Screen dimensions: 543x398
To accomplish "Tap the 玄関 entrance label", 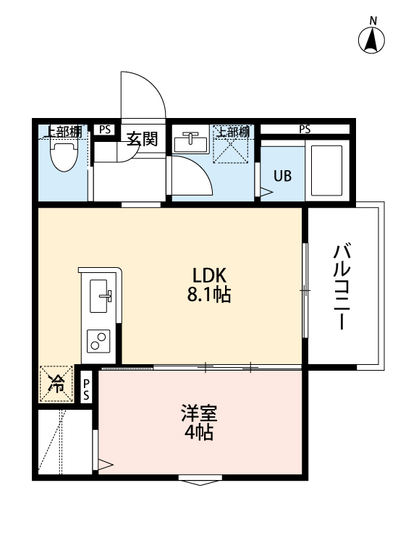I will [143, 138].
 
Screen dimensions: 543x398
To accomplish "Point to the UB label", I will [282, 176].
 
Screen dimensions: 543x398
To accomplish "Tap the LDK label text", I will [210, 276].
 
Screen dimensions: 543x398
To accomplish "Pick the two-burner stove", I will [98, 340].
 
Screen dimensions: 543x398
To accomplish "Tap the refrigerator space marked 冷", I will [56, 384].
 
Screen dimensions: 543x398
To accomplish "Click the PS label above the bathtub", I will [305, 130].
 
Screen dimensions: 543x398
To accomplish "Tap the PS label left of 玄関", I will [106, 130].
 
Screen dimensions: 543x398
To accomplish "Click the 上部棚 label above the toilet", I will [64, 132].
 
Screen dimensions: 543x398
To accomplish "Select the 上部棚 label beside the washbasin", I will [233, 132].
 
